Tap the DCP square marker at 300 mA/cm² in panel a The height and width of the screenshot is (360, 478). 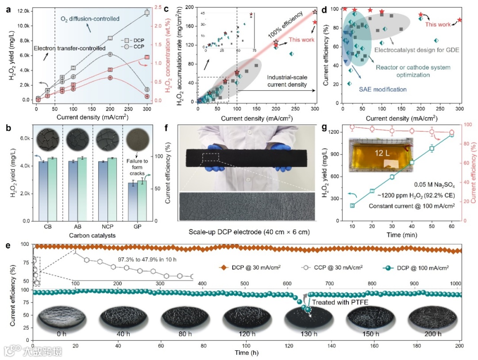[x=147, y=13]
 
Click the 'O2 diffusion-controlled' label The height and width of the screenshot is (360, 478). [x=90, y=19]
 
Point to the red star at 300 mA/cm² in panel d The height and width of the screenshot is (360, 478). [x=460, y=20]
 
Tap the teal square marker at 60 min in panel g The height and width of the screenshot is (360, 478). [x=451, y=134]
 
